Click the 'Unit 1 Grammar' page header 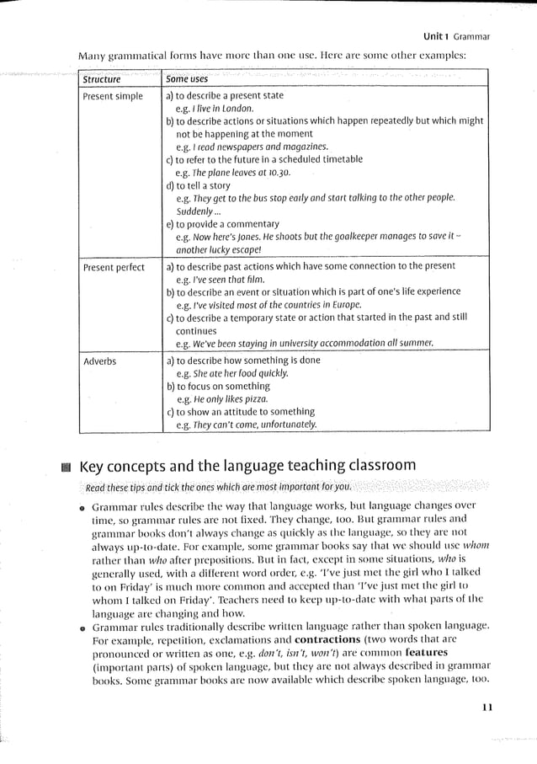[455, 37]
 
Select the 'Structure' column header [102, 80]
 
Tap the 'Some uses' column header [187, 79]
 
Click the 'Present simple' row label [113, 97]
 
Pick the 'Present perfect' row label [114, 268]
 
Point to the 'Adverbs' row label [100, 361]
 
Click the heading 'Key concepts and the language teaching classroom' [247, 466]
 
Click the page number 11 [486, 708]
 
